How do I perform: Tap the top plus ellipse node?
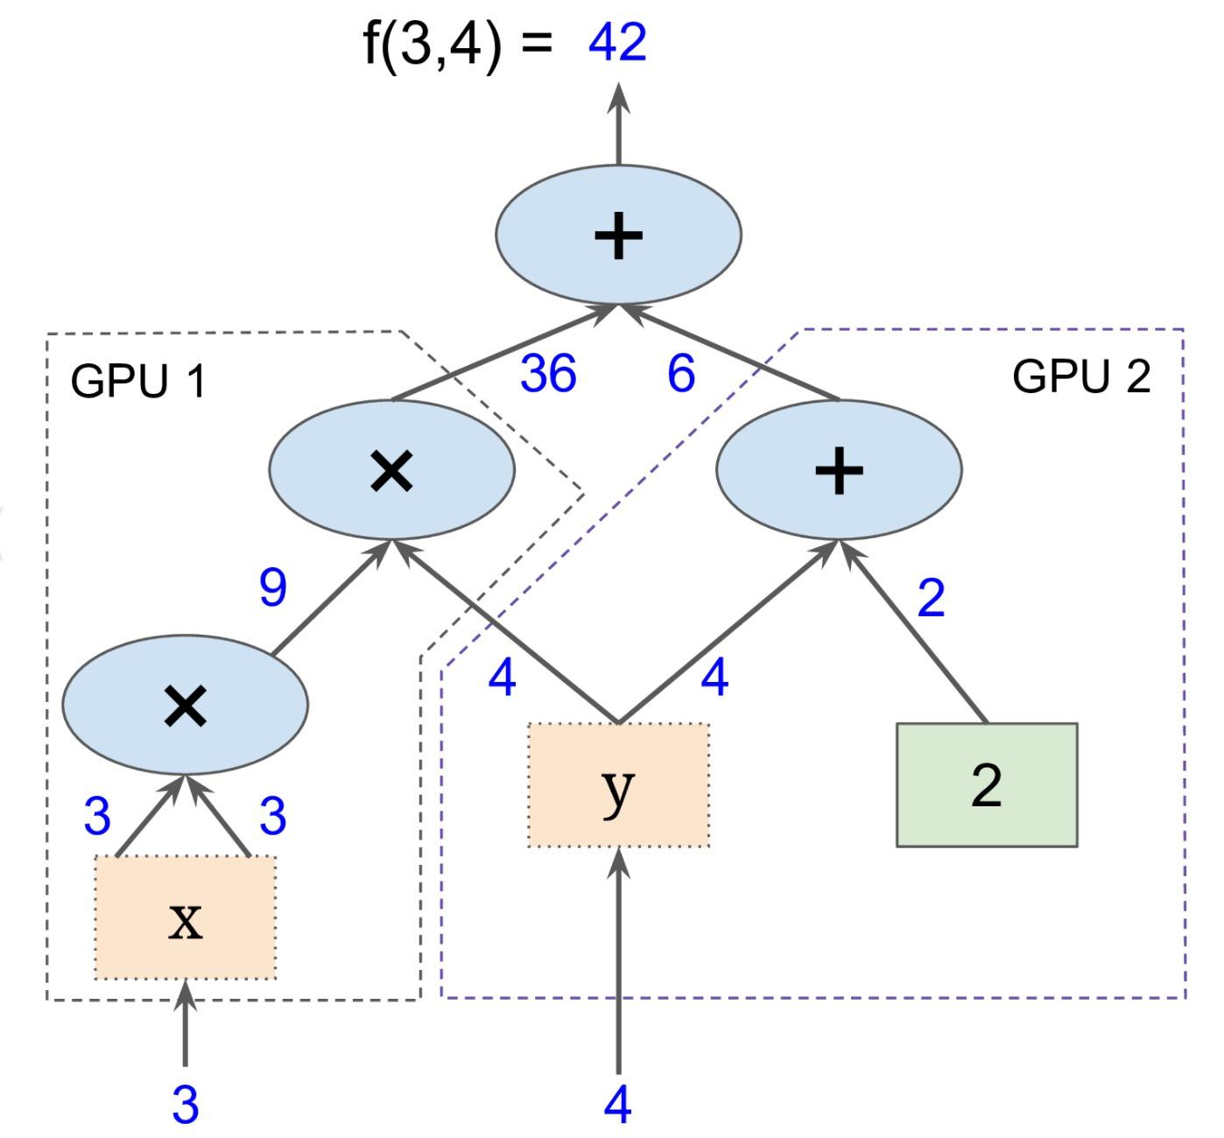(618, 235)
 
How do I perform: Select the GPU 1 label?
(137, 382)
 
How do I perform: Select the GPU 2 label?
(1081, 377)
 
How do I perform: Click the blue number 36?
(548, 374)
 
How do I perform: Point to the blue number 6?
(681, 374)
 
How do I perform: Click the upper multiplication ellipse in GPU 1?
(391, 470)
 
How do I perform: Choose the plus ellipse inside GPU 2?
(839, 470)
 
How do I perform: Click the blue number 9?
(273, 587)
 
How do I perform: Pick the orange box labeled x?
(185, 918)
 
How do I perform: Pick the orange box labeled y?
(618, 785)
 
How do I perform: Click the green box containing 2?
(987, 785)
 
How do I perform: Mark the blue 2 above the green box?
(931, 599)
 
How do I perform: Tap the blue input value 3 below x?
(185, 1105)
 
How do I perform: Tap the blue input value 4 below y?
(617, 1105)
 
